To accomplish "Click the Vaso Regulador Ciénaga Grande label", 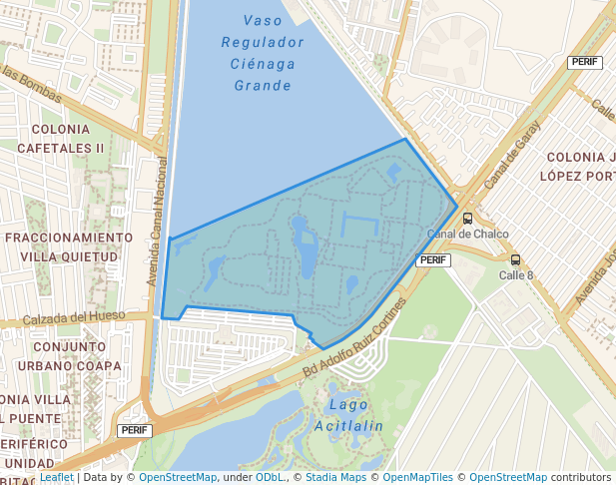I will coord(263,53).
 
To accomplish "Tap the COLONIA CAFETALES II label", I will coord(68,138).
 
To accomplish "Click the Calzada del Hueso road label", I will coord(76,317).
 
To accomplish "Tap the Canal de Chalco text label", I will coord(467,235).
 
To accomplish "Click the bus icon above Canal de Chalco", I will coord(467,219).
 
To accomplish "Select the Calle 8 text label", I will coord(516,275).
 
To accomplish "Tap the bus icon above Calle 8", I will coord(515,259).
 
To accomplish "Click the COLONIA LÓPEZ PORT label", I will coord(577,166).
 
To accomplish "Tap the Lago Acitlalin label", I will coord(348,415).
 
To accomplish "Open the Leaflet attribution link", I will coord(57,478).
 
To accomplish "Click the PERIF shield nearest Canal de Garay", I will coord(584,62).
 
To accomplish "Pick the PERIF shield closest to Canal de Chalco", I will coord(433,259).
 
